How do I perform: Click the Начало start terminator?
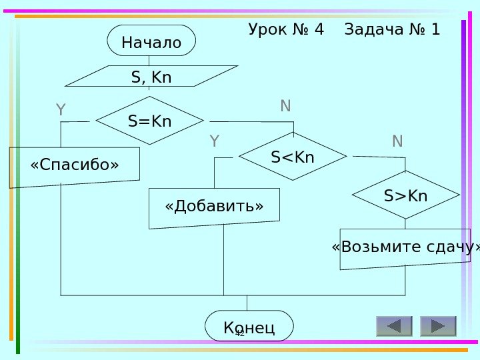151,41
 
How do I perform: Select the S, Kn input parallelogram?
151,77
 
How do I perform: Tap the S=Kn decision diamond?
150,121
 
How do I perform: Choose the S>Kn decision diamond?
405,195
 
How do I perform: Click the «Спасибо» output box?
75,165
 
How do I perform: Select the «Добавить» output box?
214,207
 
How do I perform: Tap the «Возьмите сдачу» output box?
405,248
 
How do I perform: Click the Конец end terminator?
249,326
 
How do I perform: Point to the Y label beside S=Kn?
61,110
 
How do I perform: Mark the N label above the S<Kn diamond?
285,106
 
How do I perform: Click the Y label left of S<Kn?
214,141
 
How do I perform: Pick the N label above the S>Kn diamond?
397,141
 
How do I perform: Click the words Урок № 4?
286,30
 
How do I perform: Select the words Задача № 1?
392,30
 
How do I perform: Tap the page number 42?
241,332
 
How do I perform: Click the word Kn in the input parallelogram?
162,77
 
